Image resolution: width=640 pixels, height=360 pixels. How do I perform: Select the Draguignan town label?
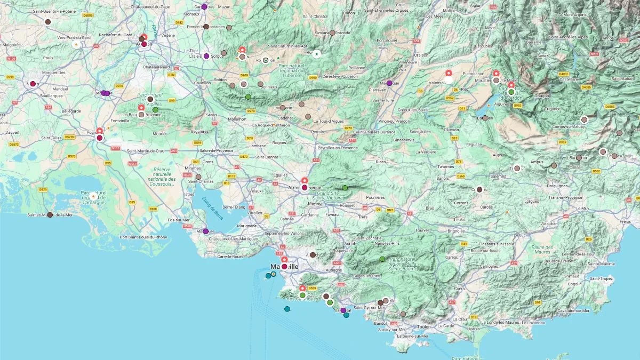pos(557,186)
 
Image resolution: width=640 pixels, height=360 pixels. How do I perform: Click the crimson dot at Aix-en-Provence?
pos(305,187)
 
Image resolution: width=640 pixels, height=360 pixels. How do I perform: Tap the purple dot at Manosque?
pos(389,83)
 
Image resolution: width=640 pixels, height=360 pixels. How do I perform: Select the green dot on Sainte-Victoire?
pos(345,188)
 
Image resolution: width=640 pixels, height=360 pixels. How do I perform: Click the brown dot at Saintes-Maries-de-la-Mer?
pos(50,215)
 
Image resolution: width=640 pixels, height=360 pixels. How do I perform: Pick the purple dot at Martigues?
pos(205,231)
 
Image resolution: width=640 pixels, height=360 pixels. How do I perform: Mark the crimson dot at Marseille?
pos(284,266)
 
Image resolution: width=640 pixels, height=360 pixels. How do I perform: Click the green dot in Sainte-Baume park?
pos(382,259)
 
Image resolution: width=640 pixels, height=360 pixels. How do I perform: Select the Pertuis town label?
pos(318,131)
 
